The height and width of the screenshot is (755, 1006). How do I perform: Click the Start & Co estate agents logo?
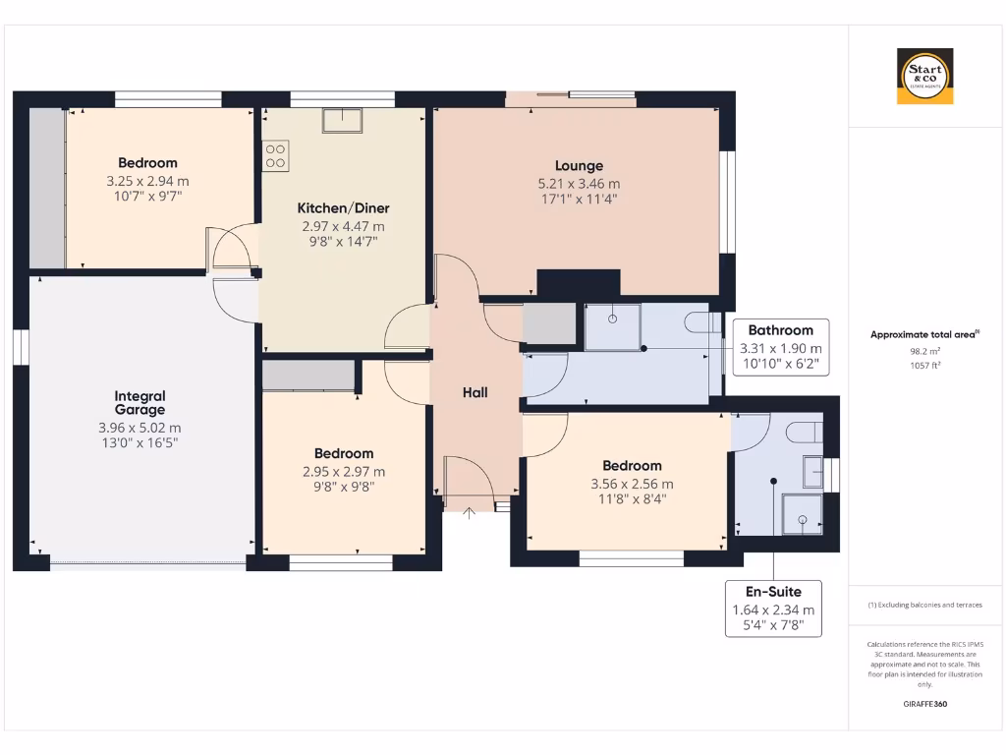pyautogui.click(x=924, y=77)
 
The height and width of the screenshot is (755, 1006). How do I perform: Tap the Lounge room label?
pyautogui.click(x=579, y=166)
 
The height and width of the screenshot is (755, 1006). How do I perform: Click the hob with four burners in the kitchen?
pyautogui.click(x=276, y=155)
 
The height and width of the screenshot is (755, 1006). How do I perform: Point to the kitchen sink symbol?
pyautogui.click(x=342, y=120)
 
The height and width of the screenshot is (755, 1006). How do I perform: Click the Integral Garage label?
pyautogui.click(x=140, y=403)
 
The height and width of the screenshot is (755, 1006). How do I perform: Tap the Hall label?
pyautogui.click(x=475, y=392)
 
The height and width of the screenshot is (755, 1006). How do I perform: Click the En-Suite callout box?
pyautogui.click(x=773, y=609)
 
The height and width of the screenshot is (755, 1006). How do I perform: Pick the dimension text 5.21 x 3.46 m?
pyautogui.click(x=579, y=184)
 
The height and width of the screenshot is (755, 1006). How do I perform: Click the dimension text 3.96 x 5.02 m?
pyautogui.click(x=140, y=428)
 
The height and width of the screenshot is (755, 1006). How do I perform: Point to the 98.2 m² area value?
pyautogui.click(x=924, y=350)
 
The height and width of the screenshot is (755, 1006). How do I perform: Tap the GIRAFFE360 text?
pyautogui.click(x=924, y=704)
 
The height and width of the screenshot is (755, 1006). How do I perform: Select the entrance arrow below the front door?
pyautogui.click(x=470, y=512)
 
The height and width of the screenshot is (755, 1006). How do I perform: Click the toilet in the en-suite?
pyautogui.click(x=810, y=433)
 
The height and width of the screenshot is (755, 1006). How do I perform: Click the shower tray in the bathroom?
pyautogui.click(x=612, y=326)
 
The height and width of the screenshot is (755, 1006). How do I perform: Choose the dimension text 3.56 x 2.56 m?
pyautogui.click(x=632, y=484)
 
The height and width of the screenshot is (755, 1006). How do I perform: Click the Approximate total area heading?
pyautogui.click(x=923, y=334)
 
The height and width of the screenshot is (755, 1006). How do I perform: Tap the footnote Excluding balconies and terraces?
pyautogui.click(x=924, y=605)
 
